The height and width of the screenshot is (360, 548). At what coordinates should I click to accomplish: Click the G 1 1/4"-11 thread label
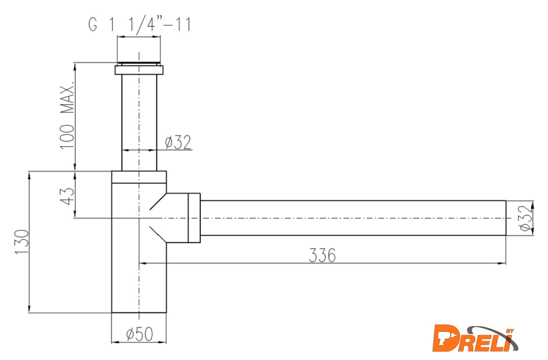coord(140,25)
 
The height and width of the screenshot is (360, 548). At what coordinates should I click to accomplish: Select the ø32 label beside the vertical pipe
coord(178,142)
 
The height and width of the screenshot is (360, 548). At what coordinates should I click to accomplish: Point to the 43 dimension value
coord(67,196)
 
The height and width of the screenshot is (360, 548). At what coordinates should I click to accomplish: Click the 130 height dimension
coord(22,242)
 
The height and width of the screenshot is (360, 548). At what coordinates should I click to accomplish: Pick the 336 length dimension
coord(322,255)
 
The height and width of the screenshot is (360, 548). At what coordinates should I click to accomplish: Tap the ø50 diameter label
coord(140,334)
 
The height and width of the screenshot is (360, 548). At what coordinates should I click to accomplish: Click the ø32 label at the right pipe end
coord(526,217)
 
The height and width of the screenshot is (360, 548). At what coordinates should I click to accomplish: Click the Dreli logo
coord(476,338)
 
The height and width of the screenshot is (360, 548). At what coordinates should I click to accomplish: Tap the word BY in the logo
coord(511,331)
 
